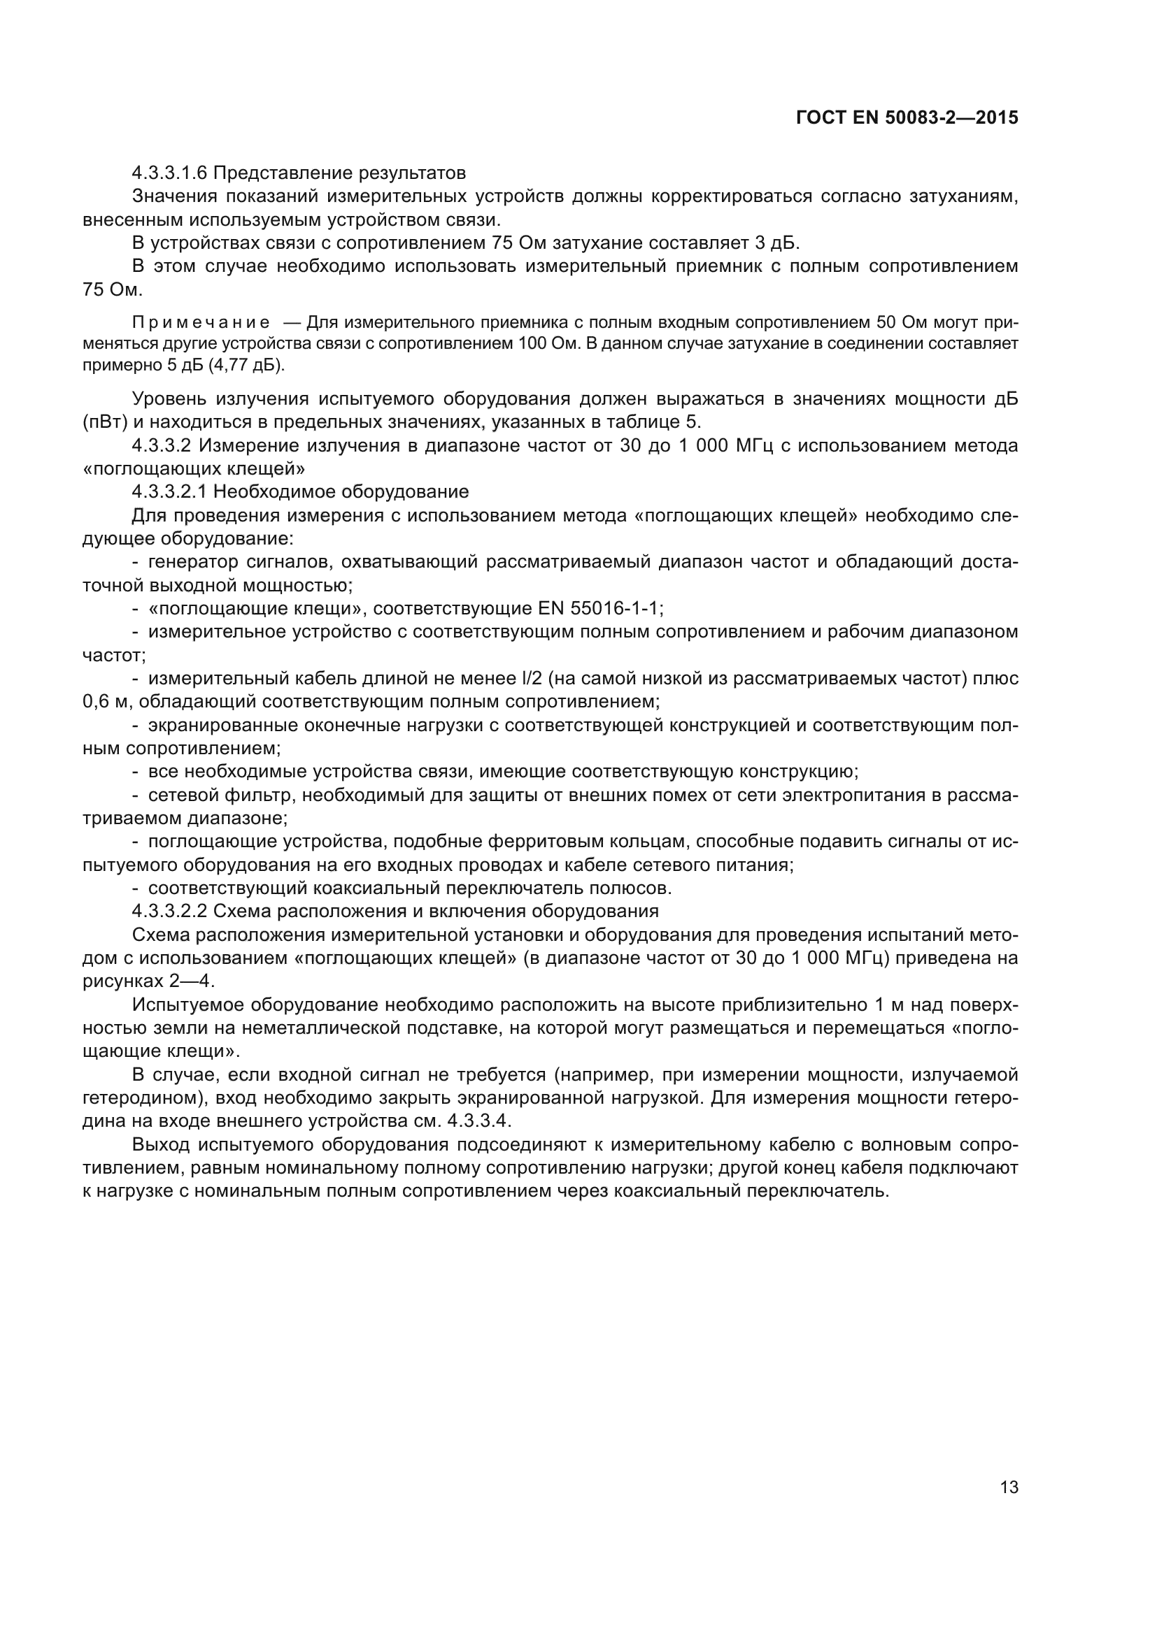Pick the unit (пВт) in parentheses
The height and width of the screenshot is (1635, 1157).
(x=105, y=422)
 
